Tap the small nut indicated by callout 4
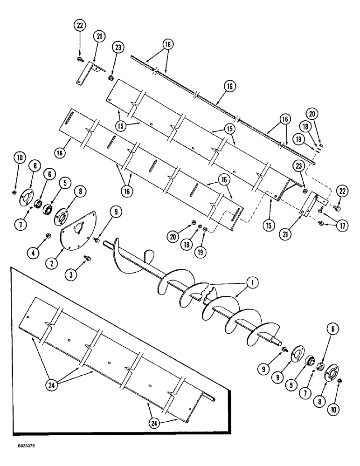pos(47,235)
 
